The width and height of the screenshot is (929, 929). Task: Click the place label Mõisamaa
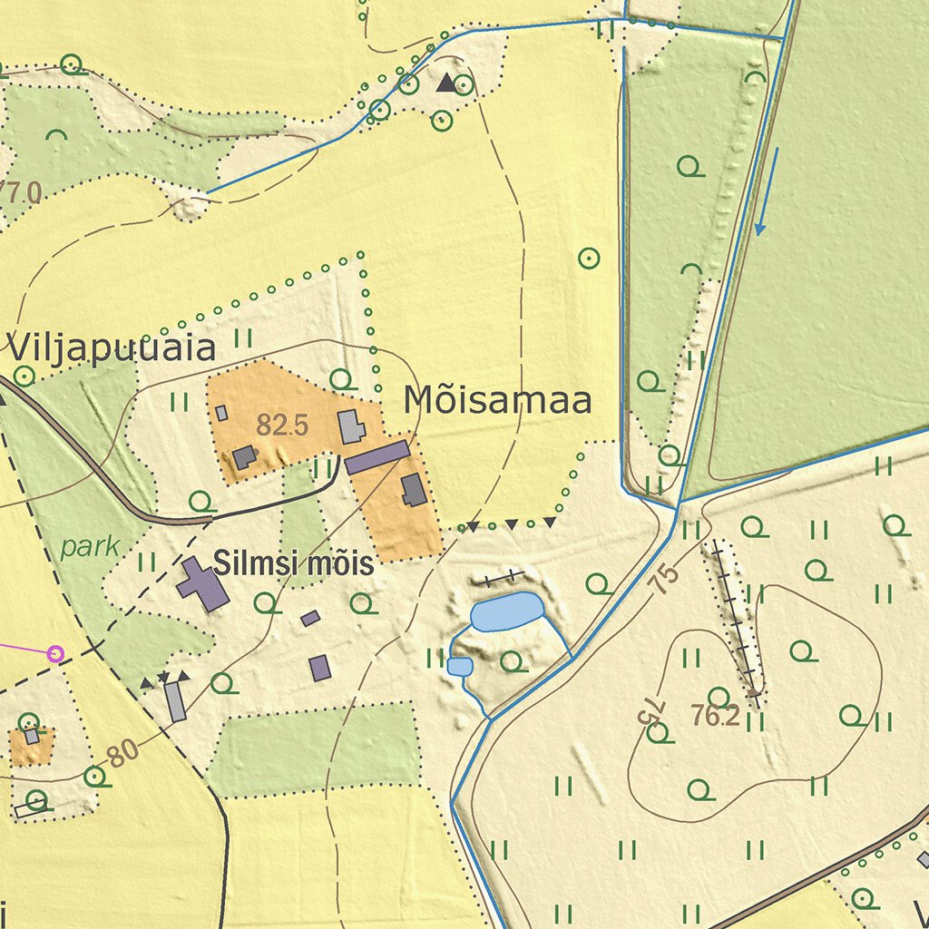[498, 400]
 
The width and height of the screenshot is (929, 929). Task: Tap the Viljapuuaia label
[112, 347]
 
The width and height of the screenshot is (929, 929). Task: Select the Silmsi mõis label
[293, 564]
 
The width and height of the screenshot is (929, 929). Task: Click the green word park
[91, 547]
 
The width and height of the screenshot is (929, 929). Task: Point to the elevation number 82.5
[282, 425]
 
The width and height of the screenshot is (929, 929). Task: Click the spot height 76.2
[715, 717]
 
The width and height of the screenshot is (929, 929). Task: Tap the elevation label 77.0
[20, 192]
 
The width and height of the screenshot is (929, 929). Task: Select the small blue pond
[460, 667]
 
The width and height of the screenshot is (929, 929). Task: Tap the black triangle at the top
[445, 83]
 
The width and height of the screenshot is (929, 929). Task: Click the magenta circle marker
[55, 653]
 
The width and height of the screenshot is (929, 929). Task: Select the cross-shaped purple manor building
[202, 584]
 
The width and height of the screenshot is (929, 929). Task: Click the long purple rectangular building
[376, 457]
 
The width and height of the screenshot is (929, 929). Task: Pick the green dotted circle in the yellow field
[589, 259]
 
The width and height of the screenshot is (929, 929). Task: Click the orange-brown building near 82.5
[243, 457]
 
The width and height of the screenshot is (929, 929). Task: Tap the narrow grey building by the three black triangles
[175, 701]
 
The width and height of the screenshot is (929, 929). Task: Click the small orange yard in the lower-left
[31, 746]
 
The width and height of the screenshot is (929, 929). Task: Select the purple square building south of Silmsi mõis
[319, 668]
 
